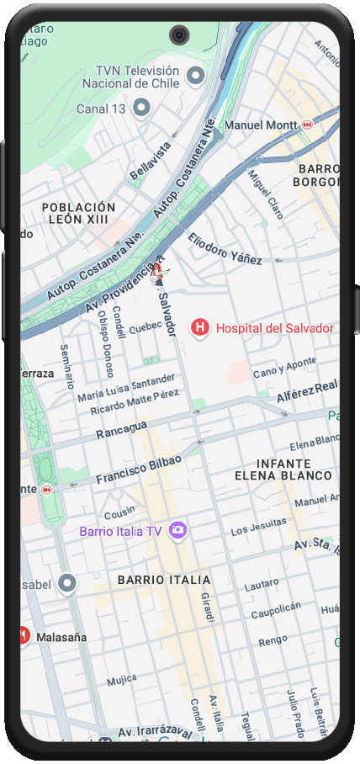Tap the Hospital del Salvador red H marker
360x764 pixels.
tap(200, 328)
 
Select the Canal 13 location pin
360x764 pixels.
tap(142, 108)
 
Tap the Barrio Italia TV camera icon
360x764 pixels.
tap(177, 530)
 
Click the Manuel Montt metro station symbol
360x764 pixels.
tap(307, 125)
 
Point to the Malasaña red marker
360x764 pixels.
tap(24, 637)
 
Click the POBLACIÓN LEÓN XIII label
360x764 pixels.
tap(78, 213)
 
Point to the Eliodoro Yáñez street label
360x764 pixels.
tap(225, 248)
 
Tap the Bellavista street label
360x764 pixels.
tap(150, 161)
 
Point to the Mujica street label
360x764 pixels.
tap(121, 678)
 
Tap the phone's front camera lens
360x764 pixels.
tap(179, 34)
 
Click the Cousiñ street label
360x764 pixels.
tap(119, 511)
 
